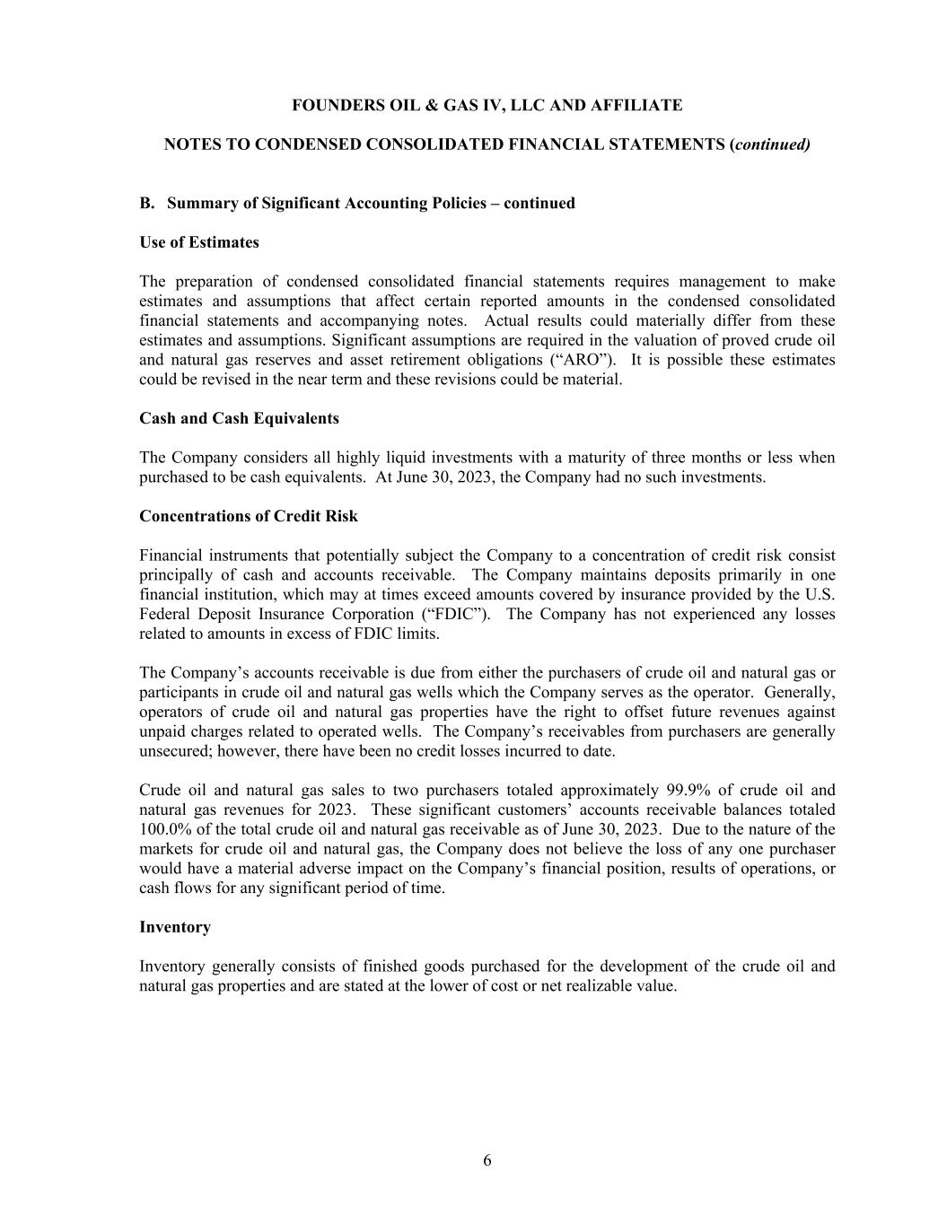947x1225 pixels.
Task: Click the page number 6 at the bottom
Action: pyautogui.click(x=487, y=1160)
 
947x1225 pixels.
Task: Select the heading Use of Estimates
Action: pyautogui.click(x=199, y=242)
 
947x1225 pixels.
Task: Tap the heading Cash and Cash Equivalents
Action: pyautogui.click(x=239, y=418)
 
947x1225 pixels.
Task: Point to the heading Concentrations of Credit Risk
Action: pyautogui.click(x=249, y=516)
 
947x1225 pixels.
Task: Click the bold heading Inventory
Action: pyautogui.click(x=175, y=927)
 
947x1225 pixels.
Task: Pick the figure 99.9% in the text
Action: pyautogui.click(x=688, y=791)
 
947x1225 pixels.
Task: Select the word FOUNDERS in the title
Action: pyautogui.click(x=334, y=106)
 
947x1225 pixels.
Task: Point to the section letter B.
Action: pyautogui.click(x=147, y=203)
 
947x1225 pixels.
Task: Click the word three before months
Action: pyautogui.click(x=685, y=458)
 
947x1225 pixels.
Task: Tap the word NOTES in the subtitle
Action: pyautogui.click(x=191, y=144)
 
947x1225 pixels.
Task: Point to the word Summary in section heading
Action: pyautogui.click(x=198, y=203)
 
